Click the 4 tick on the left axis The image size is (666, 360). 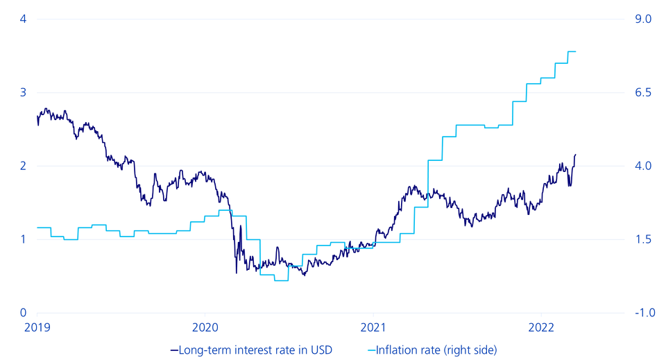(23, 19)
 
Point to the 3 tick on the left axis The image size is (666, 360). (23, 92)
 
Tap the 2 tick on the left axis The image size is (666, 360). (23, 166)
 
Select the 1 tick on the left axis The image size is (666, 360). (23, 239)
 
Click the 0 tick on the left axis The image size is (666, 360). (23, 313)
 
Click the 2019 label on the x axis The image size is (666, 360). (37, 326)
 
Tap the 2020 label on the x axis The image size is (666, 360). (205, 326)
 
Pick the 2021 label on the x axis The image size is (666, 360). (373, 326)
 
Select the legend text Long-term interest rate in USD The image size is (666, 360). (256, 350)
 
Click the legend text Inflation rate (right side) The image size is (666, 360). (436, 350)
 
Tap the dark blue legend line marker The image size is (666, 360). (174, 350)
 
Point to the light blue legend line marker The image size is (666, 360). (371, 350)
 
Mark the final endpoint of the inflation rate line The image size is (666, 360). (576, 51)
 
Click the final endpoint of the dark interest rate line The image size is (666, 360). (576, 155)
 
